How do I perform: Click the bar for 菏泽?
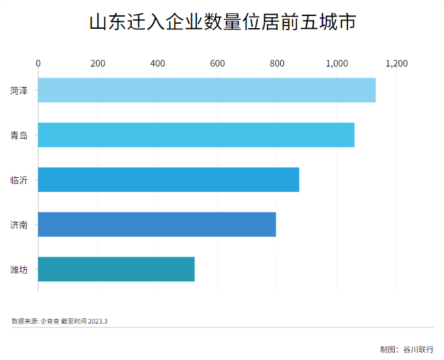pyautogui.click(x=207, y=90)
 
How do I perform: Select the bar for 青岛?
pyautogui.click(x=196, y=135)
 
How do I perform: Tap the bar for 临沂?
pyautogui.click(x=168, y=180)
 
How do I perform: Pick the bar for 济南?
pyautogui.click(x=157, y=224)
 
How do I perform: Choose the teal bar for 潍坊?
pyautogui.click(x=116, y=269)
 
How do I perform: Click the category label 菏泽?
pyautogui.click(x=19, y=91)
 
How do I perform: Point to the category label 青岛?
pyautogui.click(x=19, y=136)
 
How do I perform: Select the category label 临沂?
pyautogui.click(x=19, y=180)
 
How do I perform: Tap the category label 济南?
pyautogui.click(x=19, y=225)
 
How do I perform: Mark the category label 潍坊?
pyautogui.click(x=19, y=270)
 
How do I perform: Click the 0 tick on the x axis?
pyautogui.click(x=38, y=63)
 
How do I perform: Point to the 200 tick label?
pyautogui.click(x=98, y=63)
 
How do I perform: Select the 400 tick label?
pyautogui.click(x=157, y=63)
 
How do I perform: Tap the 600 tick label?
pyautogui.click(x=218, y=63)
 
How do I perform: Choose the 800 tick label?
pyautogui.click(x=277, y=63)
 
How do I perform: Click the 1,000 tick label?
pyautogui.click(x=337, y=63)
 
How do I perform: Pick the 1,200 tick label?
pyautogui.click(x=396, y=63)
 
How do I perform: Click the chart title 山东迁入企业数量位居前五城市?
pyautogui.click(x=221, y=23)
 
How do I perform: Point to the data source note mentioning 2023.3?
pyautogui.click(x=59, y=321)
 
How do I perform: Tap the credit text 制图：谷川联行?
pyautogui.click(x=406, y=349)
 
